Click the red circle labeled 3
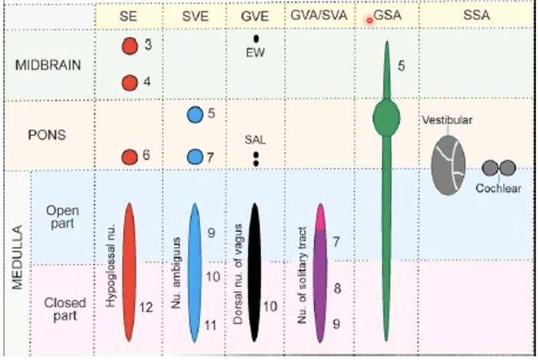(x=130, y=46)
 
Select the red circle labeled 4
(x=130, y=83)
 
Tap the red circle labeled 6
(x=130, y=157)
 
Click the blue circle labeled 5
(x=195, y=114)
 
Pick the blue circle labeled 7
(x=195, y=157)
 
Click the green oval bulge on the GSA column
(x=386, y=118)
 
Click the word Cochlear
(x=498, y=188)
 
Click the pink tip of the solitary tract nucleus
(x=321, y=216)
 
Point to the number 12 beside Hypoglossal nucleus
(x=147, y=307)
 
